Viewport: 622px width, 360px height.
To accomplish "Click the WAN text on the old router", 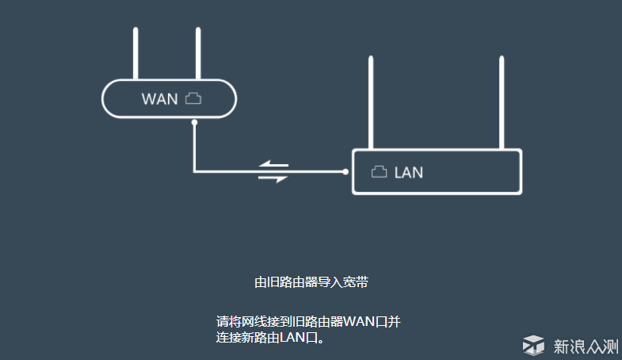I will (x=159, y=99).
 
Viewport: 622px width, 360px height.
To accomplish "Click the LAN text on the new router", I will (x=409, y=171).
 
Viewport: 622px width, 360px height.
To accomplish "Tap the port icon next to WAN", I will (x=194, y=98).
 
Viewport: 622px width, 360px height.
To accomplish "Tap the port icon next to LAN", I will (x=380, y=170).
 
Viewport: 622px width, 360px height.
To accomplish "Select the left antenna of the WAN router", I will (x=135, y=54).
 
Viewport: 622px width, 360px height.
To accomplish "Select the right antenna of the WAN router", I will (x=197, y=54).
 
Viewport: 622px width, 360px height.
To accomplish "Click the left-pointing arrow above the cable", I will (x=274, y=165).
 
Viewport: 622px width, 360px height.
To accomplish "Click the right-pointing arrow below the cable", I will (x=274, y=178).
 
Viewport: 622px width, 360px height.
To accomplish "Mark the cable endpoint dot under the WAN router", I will (x=194, y=122).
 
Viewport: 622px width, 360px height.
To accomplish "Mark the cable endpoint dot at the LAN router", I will (x=345, y=171).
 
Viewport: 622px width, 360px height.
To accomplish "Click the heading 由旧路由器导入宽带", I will (x=311, y=281).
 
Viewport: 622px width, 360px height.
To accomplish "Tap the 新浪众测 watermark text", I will (x=585, y=346).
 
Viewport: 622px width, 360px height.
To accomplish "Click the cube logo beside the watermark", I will (x=534, y=345).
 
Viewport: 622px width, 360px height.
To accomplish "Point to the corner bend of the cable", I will (x=194, y=170).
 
